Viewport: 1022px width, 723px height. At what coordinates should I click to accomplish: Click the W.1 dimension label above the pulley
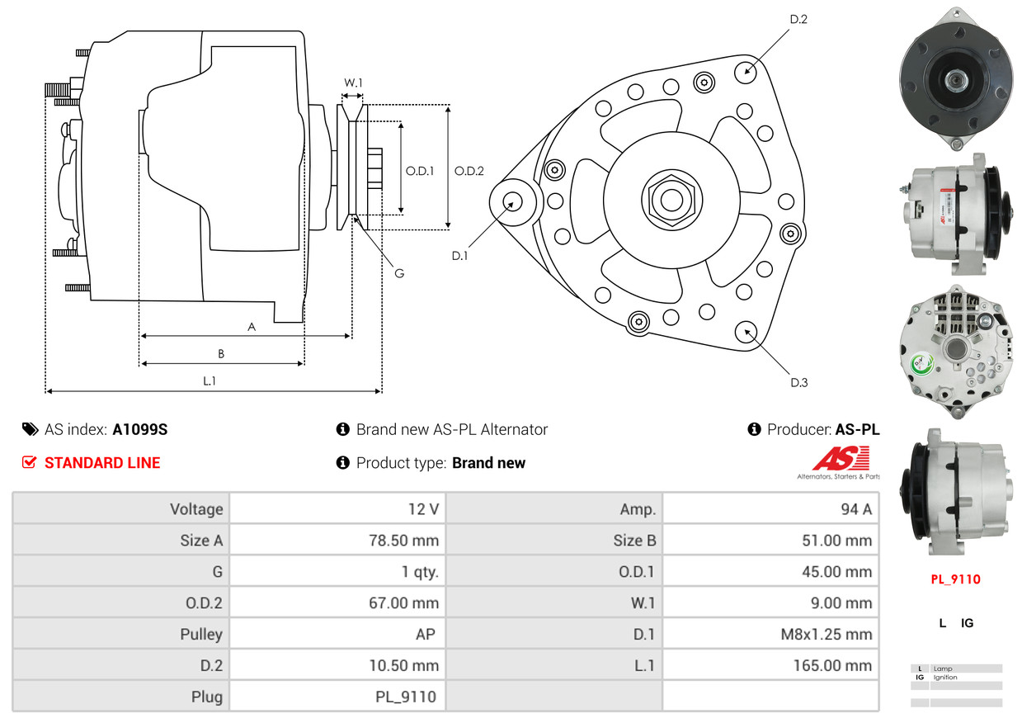point(353,83)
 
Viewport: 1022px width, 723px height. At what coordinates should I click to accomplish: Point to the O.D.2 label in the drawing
point(469,171)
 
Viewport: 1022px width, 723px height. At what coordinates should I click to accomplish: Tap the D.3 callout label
point(799,382)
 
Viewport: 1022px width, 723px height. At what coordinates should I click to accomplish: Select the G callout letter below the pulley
point(399,273)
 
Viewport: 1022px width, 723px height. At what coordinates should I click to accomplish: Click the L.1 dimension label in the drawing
point(210,380)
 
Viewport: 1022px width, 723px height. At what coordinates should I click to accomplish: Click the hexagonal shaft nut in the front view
point(671,201)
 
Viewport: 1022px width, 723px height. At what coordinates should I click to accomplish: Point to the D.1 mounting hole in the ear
point(512,203)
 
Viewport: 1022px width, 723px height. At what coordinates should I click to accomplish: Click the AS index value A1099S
point(140,429)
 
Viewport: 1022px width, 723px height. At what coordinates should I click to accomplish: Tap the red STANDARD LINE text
point(102,463)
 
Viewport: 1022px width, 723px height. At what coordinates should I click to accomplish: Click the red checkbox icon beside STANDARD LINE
point(29,462)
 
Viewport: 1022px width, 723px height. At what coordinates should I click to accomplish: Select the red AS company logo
point(841,459)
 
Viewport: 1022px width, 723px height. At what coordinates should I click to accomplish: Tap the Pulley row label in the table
point(201,634)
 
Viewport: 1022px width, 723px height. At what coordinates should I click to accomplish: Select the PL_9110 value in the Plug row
point(406,697)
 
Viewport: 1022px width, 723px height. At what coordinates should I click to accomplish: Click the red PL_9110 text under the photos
point(956,579)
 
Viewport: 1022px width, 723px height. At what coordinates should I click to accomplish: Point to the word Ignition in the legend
point(945,678)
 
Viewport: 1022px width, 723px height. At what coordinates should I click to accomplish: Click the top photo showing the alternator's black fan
point(956,78)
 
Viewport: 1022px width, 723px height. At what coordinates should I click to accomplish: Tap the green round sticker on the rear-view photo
point(921,364)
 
